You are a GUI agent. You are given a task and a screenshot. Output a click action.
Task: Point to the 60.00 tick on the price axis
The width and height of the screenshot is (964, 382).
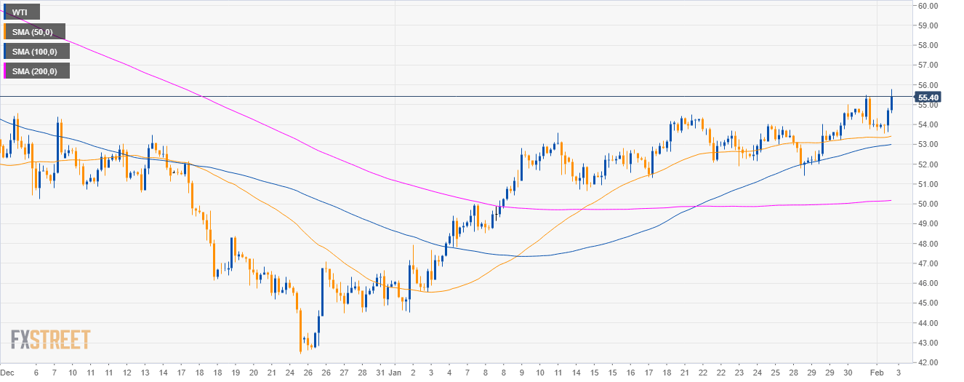coord(928,6)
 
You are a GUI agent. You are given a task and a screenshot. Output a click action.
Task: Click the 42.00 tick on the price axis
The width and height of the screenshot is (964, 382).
coord(928,362)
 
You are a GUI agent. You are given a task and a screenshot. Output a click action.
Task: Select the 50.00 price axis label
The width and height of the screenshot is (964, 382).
coord(928,204)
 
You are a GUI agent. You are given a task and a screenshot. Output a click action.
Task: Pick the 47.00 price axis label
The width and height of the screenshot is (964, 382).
coord(928,263)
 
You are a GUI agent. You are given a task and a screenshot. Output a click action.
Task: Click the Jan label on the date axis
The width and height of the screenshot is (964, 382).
coord(395,372)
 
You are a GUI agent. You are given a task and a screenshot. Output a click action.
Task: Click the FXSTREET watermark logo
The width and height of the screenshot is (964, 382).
coord(50,339)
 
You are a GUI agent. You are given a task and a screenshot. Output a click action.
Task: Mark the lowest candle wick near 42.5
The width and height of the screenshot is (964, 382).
coord(300,353)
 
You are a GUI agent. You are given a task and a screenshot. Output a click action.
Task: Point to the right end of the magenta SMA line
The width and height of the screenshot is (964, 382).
coord(892,201)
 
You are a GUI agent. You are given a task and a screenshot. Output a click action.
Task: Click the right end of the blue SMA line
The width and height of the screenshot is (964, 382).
coord(892,144)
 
